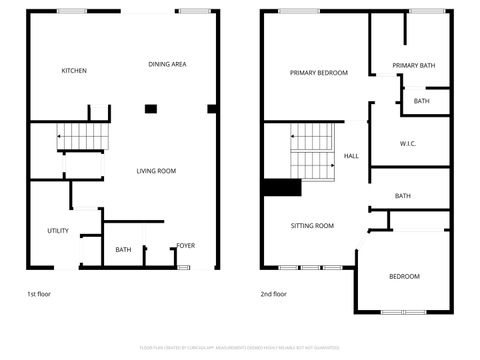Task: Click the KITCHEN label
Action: coord(74,71)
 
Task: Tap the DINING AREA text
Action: coord(167,64)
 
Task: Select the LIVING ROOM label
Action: coord(156,171)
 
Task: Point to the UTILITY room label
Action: coord(58,231)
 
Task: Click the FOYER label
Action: coord(186,245)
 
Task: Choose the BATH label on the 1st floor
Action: coord(123,250)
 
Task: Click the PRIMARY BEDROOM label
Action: coord(318,73)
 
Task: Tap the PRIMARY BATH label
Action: coord(413,65)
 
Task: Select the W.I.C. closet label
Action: coord(407,144)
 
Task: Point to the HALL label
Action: coord(351,157)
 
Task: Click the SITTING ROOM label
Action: coord(312,226)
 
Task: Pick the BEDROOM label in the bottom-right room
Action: coord(403,276)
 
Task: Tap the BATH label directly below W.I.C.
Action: coord(402,196)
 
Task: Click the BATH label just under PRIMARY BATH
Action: coord(421,101)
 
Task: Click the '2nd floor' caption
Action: coord(273,294)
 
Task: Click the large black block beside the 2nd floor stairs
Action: coord(281,187)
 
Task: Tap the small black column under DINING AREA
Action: coord(151,108)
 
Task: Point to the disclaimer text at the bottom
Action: coord(239,348)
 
